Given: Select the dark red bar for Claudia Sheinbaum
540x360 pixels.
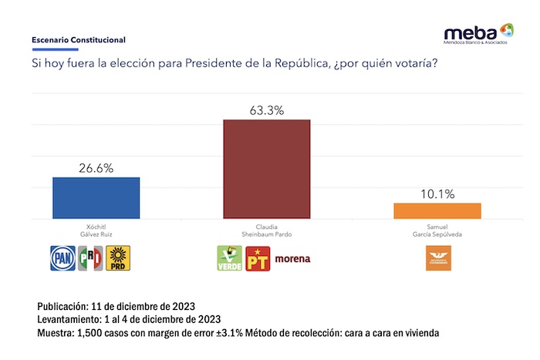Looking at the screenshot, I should pos(266,169).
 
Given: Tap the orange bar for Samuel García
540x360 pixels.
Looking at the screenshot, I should pos(437,210).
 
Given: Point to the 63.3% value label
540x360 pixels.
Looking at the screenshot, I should pos(266,110).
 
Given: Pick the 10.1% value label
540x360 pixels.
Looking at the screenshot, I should pos(437,193).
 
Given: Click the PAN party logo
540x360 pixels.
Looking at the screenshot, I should pos(62,257).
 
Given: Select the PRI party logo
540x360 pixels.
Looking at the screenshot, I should pos(91,257).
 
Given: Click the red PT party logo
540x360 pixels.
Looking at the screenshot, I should pos(256,258).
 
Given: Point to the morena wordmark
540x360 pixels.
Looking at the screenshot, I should pos(292,259).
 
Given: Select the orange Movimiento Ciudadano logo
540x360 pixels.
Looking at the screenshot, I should pos(437,258).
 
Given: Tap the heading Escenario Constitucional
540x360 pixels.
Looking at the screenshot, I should pos(78,39).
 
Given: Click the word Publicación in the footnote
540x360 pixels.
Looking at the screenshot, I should pos(65,305).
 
